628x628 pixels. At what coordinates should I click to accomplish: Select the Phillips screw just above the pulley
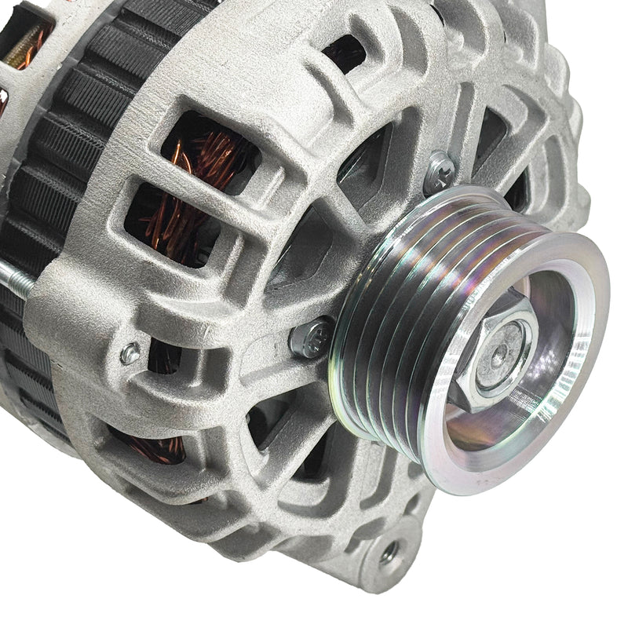tap(440, 170)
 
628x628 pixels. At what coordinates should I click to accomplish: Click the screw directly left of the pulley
tap(312, 338)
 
